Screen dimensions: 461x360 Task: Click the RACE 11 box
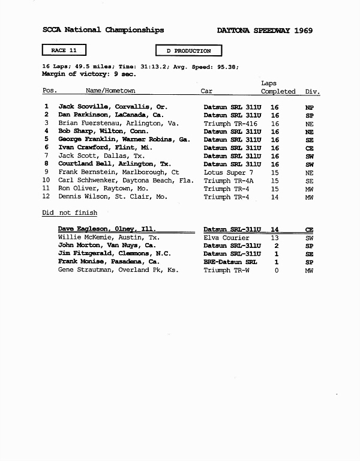pos(64,50)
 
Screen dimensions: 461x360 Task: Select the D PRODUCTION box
pos(188,51)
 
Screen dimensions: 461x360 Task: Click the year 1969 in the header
pos(304,31)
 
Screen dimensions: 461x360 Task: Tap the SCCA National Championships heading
pos(103,30)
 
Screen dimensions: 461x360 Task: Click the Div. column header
pos(313,91)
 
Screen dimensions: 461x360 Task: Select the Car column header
pos(206,91)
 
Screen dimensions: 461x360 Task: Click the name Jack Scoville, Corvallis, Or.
pos(112,106)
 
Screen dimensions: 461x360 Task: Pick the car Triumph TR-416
pos(230,122)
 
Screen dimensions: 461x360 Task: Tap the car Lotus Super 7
pos(228,172)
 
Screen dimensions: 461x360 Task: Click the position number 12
pos(46,196)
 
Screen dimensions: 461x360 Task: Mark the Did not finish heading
pos(70,212)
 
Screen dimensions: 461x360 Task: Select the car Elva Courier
pos(226,238)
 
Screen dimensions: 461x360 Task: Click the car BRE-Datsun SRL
pos(230,262)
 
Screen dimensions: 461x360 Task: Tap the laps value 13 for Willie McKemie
pos(275,238)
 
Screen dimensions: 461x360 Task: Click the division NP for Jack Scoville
pos(310,106)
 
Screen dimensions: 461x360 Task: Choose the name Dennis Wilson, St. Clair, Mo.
pos(112,196)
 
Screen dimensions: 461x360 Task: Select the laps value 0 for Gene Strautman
pos(276,270)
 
